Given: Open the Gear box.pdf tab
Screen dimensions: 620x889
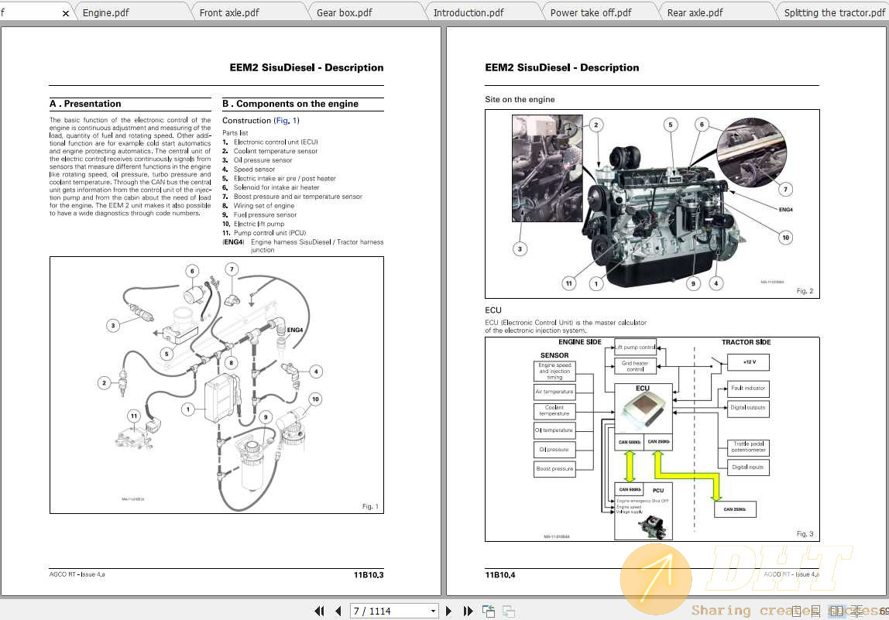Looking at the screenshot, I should click(x=344, y=12).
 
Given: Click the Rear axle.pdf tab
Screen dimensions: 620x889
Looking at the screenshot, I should click(x=695, y=12).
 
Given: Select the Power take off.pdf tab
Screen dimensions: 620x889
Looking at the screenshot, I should click(x=590, y=12).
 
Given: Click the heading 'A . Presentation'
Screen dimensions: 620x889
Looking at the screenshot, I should click(x=85, y=104).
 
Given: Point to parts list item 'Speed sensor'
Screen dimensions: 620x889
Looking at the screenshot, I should click(x=254, y=169).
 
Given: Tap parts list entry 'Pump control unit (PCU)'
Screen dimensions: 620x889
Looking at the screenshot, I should click(x=269, y=233).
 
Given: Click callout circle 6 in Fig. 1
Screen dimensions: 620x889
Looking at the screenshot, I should click(x=192, y=271).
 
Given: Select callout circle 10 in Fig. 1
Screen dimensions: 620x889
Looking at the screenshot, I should click(x=315, y=399).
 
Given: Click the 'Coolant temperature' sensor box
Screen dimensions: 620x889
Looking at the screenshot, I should click(x=554, y=411).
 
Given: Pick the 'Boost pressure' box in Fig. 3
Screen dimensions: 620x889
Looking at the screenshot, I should click(x=554, y=468).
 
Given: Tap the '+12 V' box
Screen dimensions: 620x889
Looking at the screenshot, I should click(x=749, y=361).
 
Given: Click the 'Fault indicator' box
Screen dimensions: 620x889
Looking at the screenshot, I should click(x=748, y=388).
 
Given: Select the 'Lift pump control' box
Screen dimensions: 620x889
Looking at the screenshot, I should click(x=635, y=347).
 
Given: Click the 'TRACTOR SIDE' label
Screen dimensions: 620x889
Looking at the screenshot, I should click(x=746, y=342).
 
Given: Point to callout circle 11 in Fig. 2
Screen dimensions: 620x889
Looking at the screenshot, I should click(x=569, y=283).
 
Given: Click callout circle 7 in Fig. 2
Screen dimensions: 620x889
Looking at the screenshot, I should click(x=785, y=189).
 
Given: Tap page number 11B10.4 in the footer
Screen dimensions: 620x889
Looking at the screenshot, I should click(x=499, y=574).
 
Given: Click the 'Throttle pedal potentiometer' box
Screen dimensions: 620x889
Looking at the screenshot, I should click(x=748, y=447).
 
